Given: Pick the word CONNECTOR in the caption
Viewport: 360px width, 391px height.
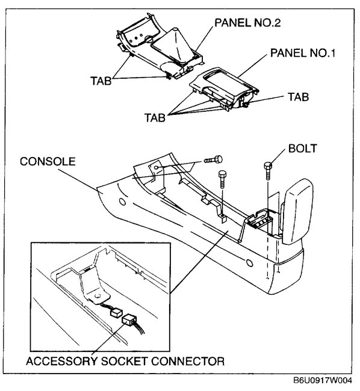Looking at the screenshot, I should tap(191, 362).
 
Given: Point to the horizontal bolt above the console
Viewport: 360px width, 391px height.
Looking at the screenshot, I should tap(214, 159).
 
